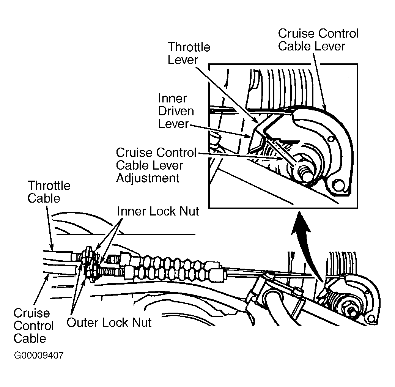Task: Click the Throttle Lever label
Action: pos(189,53)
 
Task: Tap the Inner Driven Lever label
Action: pos(176,111)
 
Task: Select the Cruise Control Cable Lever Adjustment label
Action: pos(156,165)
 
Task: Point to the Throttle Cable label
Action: pos(49,192)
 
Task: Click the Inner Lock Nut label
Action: pos(158,211)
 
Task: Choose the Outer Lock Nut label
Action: pos(109,322)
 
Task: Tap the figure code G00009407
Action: pos(39,356)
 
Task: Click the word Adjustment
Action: pos(148,178)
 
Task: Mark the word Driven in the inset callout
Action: pos(176,111)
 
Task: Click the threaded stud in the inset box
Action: pos(304,173)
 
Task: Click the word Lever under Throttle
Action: pos(183,60)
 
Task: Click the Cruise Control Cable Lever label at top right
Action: pos(318,40)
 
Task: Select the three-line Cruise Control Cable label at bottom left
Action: pos(33,326)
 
